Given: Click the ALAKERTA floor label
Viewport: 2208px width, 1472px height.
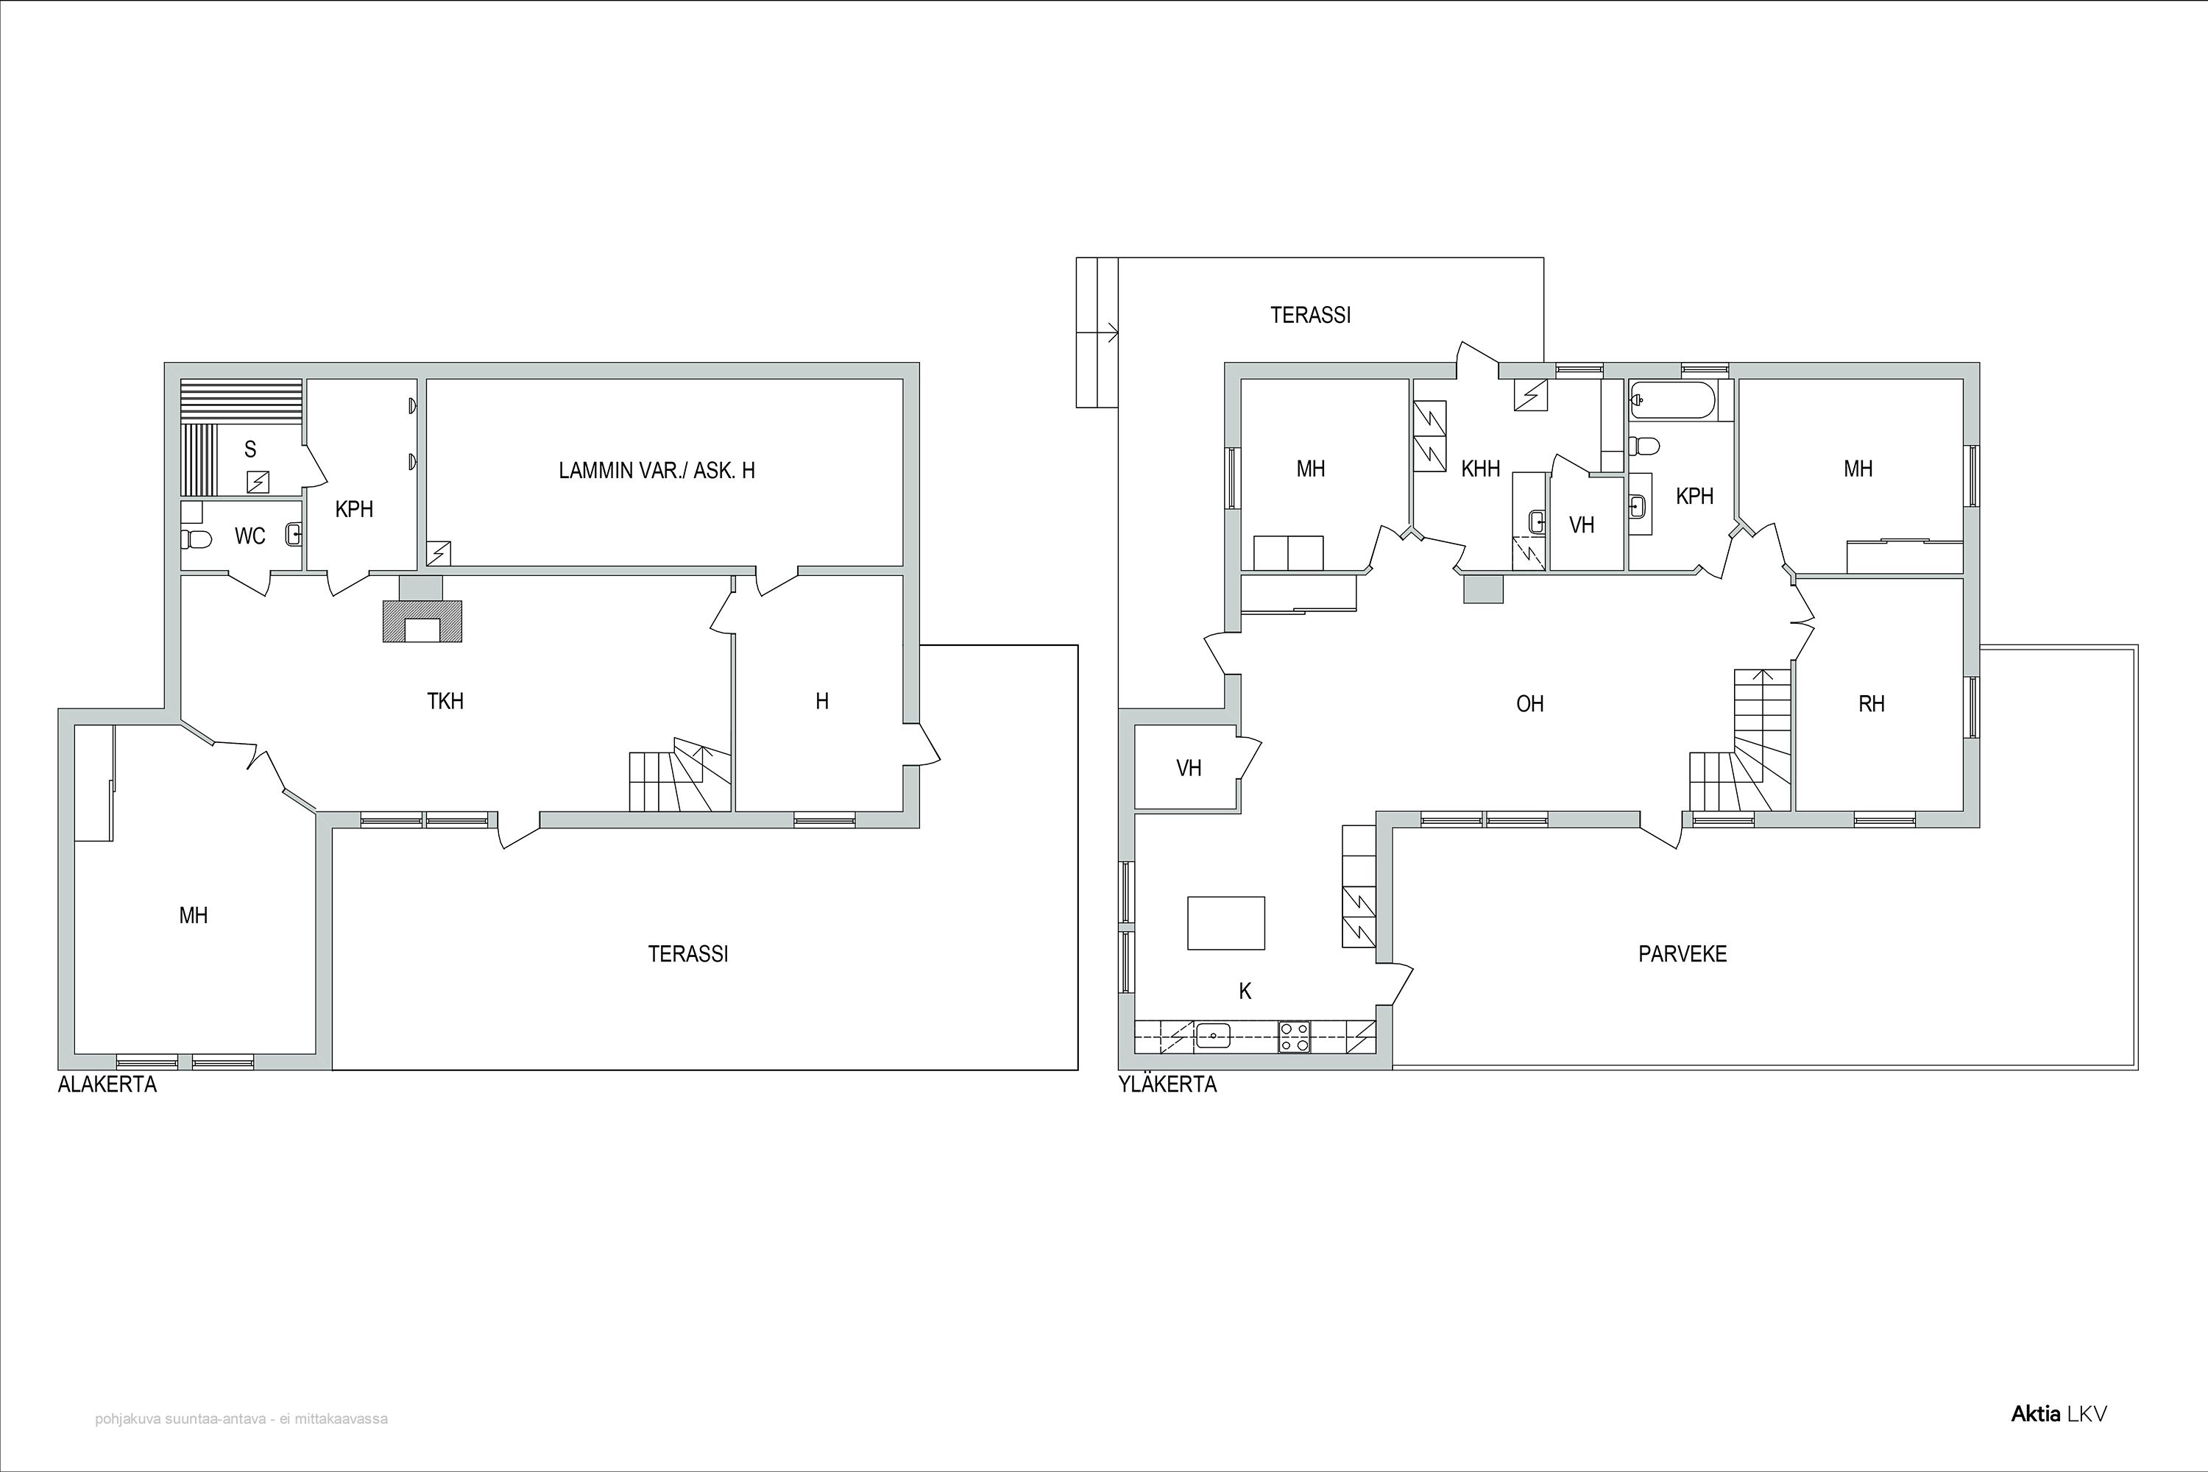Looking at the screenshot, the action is pyautogui.click(x=107, y=1084).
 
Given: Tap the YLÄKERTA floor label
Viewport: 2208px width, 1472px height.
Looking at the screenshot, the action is pyautogui.click(x=1167, y=1084).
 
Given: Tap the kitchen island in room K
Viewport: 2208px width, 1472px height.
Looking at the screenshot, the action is pyautogui.click(x=1225, y=922).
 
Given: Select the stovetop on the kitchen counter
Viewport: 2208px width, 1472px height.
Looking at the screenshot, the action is pyautogui.click(x=1294, y=1037).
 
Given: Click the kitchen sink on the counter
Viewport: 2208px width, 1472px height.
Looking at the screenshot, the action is pyautogui.click(x=1214, y=1037).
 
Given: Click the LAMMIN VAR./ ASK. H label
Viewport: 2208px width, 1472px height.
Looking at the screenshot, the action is pyautogui.click(x=657, y=470).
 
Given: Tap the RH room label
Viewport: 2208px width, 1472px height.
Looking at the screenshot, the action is pyautogui.click(x=1871, y=703).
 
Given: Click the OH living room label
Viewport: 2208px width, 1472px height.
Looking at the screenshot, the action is pyautogui.click(x=1530, y=703).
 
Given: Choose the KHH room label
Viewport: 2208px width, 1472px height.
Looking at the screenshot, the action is pyautogui.click(x=1480, y=469).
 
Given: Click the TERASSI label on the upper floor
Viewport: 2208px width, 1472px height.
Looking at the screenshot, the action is pyautogui.click(x=1310, y=316).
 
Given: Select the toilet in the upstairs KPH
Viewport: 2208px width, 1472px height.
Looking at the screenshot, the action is pyautogui.click(x=1643, y=444).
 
